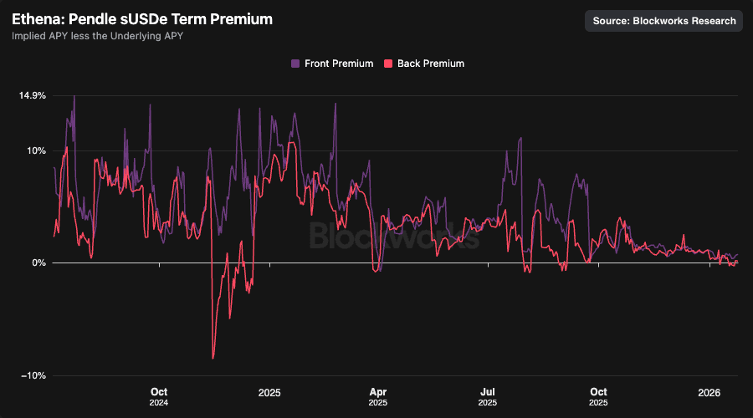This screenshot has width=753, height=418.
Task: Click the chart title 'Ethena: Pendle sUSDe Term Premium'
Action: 142,18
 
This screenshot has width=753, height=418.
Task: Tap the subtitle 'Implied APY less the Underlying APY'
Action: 97,36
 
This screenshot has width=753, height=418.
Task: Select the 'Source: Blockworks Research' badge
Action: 664,21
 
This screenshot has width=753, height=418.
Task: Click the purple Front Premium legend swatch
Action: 295,64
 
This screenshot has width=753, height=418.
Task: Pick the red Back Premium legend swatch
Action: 387,64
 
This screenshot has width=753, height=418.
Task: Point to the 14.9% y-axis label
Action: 33,95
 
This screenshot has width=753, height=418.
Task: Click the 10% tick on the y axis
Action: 37,150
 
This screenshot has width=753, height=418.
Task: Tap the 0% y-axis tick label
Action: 39,263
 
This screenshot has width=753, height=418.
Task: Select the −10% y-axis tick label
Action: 33,375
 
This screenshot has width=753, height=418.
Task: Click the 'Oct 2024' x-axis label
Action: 159,396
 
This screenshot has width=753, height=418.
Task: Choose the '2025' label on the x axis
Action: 269,392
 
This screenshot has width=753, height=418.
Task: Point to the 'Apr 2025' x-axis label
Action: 378,396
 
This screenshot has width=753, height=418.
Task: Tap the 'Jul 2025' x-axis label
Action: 489,396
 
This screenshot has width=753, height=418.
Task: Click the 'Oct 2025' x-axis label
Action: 598,396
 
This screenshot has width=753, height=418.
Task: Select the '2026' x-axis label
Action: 709,392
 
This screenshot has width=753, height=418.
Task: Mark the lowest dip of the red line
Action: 213,358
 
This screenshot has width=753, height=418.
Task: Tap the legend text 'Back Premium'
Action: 431,64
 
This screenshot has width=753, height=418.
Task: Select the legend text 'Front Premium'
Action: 339,64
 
